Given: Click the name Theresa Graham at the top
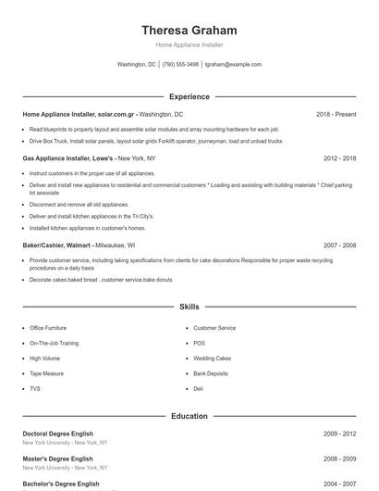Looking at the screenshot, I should click(189, 30).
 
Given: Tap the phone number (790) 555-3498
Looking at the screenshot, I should click(180, 65).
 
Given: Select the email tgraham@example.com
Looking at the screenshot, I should click(233, 65).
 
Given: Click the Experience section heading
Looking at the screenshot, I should click(189, 96).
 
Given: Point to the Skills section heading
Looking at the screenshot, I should click(189, 306).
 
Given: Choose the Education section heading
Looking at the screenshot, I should click(189, 416).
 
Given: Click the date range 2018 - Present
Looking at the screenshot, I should click(336, 114).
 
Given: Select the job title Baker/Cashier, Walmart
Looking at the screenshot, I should click(56, 245).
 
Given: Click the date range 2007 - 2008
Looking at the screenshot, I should click(339, 245).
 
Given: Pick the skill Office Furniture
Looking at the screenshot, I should click(48, 328).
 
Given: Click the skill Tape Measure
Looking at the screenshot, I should click(47, 373).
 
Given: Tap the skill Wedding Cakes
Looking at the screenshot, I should click(212, 358).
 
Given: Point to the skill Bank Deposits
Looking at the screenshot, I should click(211, 373).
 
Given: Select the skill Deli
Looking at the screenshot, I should click(198, 388).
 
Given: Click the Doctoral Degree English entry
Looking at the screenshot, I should click(60, 434).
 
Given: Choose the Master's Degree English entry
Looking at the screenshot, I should click(57, 459).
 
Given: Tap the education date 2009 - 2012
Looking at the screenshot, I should click(339, 434).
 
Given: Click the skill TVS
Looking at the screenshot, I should click(36, 388).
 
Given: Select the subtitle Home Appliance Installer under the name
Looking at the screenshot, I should click(189, 44).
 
